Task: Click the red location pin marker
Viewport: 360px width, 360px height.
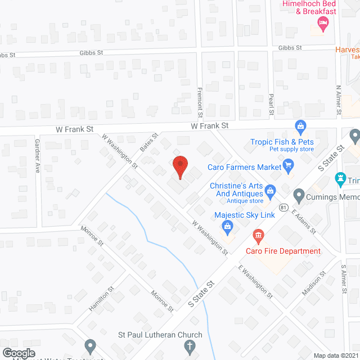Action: (x=179, y=167)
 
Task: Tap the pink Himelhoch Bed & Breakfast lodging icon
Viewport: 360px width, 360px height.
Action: (x=323, y=22)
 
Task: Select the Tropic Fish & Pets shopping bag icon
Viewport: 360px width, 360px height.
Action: (x=300, y=125)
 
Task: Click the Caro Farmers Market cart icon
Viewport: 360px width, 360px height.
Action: (x=289, y=165)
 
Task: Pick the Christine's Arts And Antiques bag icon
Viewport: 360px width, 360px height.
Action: (x=270, y=191)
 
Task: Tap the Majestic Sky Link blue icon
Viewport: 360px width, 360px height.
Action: (x=228, y=228)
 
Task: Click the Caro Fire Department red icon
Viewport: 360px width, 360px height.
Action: (x=258, y=233)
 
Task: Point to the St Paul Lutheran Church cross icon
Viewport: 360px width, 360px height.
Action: (x=191, y=346)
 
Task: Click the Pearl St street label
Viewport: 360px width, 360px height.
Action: (x=271, y=105)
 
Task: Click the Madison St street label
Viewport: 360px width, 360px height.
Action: (x=314, y=284)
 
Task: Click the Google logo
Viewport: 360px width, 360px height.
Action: (x=19, y=352)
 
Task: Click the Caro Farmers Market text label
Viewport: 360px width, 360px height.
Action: (x=244, y=167)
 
